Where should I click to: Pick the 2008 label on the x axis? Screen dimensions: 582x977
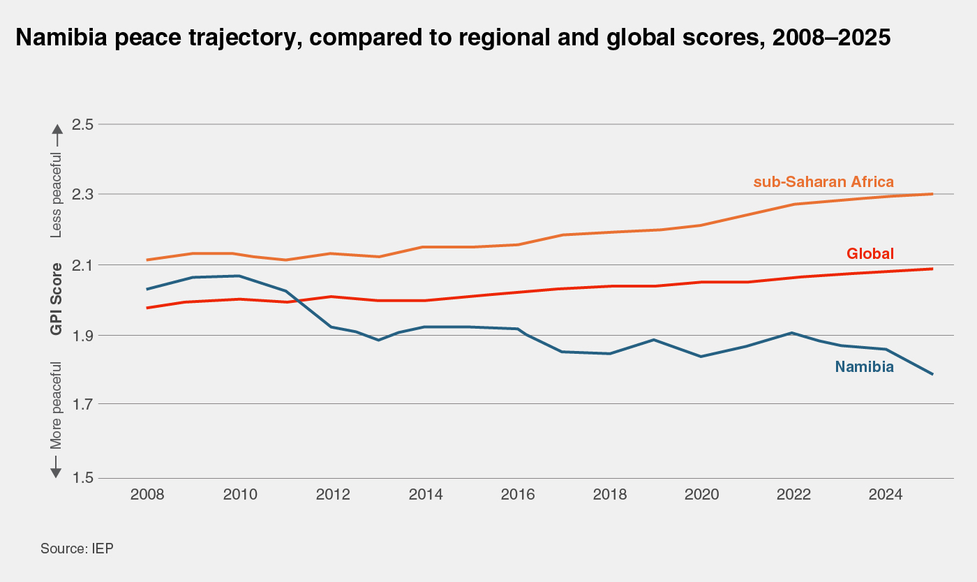click(147, 495)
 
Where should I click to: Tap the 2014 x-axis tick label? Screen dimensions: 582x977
click(425, 495)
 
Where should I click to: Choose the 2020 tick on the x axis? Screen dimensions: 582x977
click(702, 495)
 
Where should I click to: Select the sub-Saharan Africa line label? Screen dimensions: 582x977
click(823, 182)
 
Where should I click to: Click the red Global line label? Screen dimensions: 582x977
click(870, 253)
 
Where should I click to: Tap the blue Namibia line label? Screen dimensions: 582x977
click(864, 367)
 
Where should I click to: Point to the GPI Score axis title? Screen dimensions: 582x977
click(57, 299)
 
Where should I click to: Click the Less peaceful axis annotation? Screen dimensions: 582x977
click(57, 195)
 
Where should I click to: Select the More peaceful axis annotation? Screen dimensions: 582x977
click(57, 405)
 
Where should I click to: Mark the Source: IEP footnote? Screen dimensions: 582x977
click(77, 549)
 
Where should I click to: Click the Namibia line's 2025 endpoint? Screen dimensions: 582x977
click(932, 374)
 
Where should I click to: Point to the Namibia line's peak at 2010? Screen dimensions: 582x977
click(239, 276)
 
